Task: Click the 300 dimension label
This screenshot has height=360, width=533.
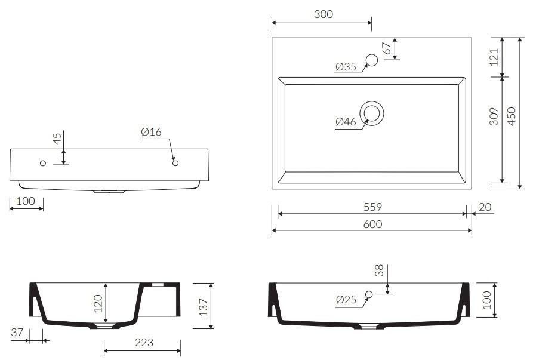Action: pos(324,14)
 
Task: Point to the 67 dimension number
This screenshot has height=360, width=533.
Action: pos(387,48)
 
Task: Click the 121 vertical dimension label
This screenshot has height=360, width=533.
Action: pos(494,57)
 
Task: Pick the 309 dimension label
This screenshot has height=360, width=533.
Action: pos(494,116)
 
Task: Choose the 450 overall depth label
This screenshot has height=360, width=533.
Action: pos(512,116)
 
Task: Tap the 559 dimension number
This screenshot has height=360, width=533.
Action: pos(372,207)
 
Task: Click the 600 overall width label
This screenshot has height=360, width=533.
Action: pos(372,224)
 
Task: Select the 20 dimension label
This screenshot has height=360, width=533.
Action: pos(485,207)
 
